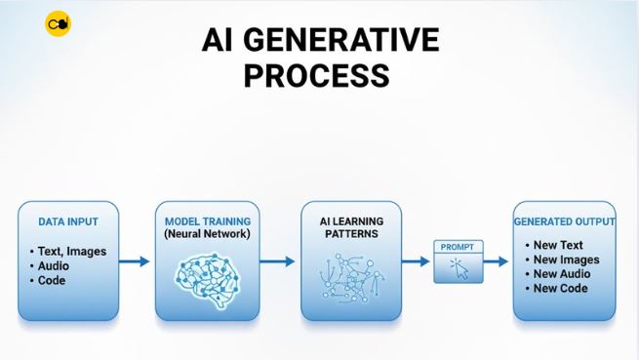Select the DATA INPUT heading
pos(67,222)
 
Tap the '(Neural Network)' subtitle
pos(208,235)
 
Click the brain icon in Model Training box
pos(208,272)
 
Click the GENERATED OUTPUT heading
pos(565,222)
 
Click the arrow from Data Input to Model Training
pos(136,260)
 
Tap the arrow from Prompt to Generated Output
pos(497,261)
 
